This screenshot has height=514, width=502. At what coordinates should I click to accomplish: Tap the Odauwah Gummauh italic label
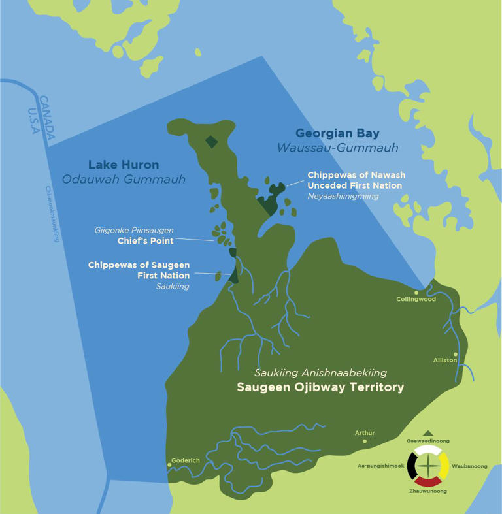(x=124, y=180)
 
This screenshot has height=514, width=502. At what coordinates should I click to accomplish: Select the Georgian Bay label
(x=337, y=134)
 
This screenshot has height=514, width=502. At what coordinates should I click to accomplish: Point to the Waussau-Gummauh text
(x=337, y=148)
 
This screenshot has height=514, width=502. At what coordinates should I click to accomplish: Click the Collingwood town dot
(x=416, y=292)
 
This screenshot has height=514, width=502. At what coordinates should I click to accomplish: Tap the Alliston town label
(x=444, y=360)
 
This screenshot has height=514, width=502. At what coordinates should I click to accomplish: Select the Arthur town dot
(x=365, y=441)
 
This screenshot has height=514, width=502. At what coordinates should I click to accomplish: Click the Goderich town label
(x=185, y=460)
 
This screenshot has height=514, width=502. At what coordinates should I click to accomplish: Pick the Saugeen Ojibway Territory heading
(x=320, y=387)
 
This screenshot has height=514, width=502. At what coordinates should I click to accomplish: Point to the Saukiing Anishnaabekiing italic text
(x=320, y=373)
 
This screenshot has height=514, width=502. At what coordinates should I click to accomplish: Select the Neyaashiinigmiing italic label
(x=343, y=196)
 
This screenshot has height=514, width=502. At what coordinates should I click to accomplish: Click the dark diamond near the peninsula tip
(x=210, y=140)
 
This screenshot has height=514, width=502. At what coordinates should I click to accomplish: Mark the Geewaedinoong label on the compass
(x=427, y=441)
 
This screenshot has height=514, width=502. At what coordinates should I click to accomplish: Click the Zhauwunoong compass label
(x=427, y=490)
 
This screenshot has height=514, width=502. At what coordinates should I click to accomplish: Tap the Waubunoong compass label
(x=469, y=466)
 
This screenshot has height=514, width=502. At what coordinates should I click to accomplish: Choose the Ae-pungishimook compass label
(x=380, y=466)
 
